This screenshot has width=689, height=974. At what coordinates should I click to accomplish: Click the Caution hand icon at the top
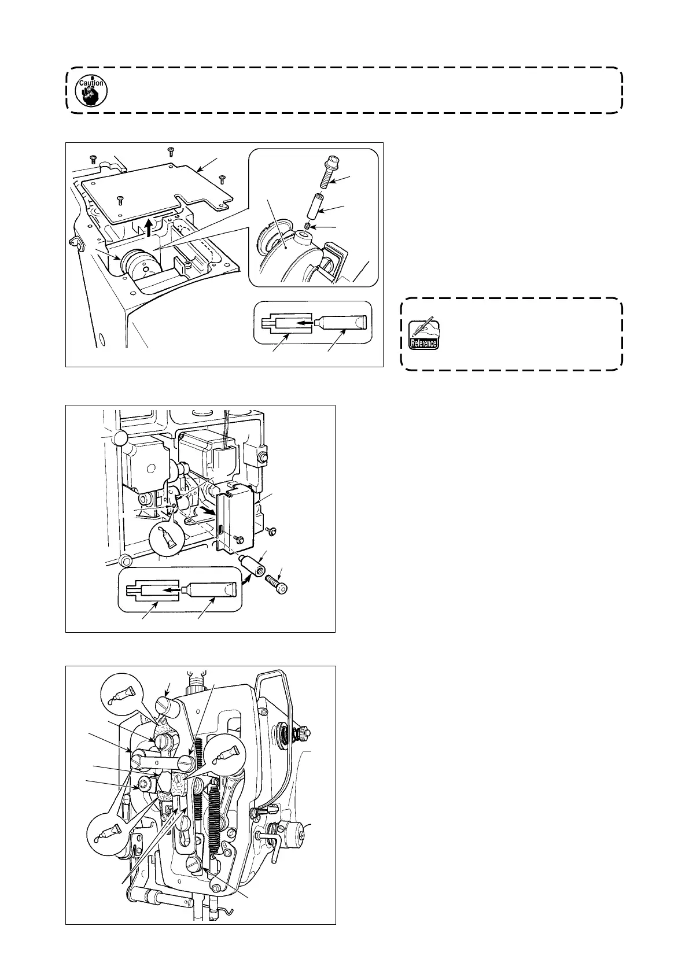coord(93,90)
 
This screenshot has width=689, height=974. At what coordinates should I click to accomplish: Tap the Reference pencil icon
coord(423,334)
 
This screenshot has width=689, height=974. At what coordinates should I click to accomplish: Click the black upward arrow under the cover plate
coord(149,226)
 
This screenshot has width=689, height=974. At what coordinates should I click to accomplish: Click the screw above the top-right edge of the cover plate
coord(222,178)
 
